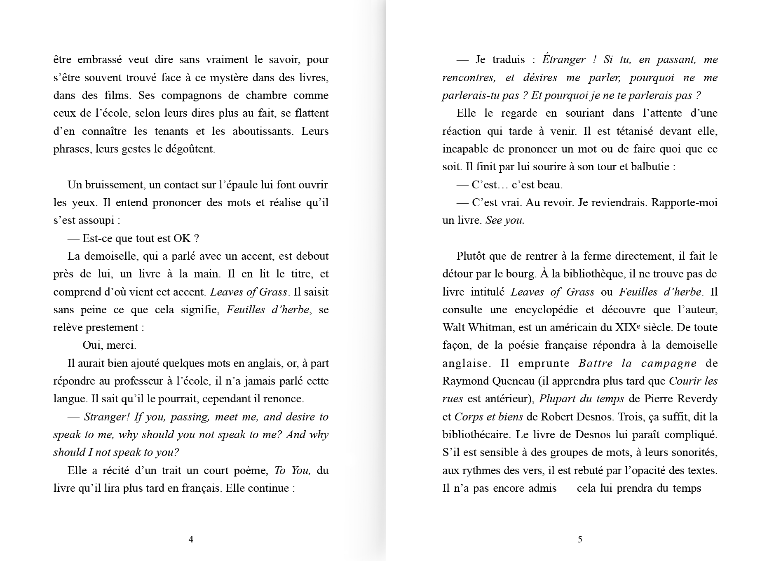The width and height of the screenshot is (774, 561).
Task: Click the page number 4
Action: (191, 539)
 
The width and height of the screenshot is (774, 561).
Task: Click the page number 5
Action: (580, 539)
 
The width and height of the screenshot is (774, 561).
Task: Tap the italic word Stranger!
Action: (107, 417)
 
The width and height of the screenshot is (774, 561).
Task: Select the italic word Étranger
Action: (563, 60)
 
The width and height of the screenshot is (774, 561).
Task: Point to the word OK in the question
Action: (182, 238)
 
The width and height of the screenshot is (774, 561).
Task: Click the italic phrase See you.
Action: (505, 221)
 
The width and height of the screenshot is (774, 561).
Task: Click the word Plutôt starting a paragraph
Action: (472, 256)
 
